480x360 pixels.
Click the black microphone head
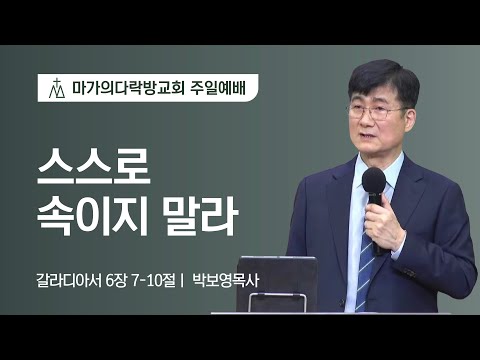coord(373,181)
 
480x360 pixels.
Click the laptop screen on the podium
coord(274,284)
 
